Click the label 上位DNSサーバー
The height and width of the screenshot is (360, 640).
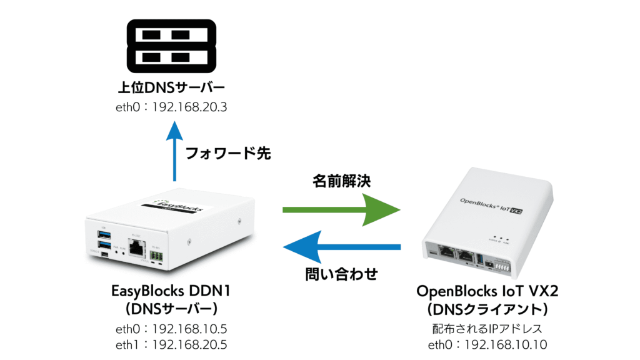tap(172, 87)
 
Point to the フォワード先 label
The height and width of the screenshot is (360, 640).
tap(229, 154)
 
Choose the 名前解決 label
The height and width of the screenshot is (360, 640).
tap(341, 181)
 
